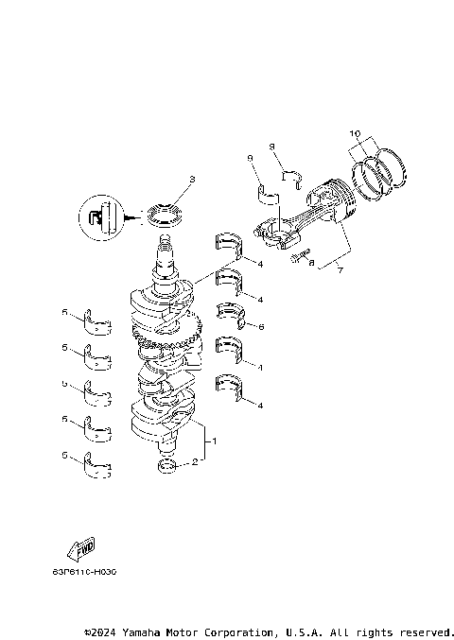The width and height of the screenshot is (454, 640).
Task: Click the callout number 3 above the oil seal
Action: [x=191, y=179]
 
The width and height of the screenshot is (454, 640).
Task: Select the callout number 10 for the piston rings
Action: [x=355, y=134]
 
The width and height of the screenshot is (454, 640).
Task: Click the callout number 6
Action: [x=261, y=326]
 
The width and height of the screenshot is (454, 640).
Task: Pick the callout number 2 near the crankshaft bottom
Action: [x=196, y=462]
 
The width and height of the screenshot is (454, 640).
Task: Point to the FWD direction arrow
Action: [x=80, y=549]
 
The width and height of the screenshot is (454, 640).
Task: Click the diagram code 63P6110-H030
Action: [x=84, y=572]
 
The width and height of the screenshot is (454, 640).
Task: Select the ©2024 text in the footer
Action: [x=101, y=631]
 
